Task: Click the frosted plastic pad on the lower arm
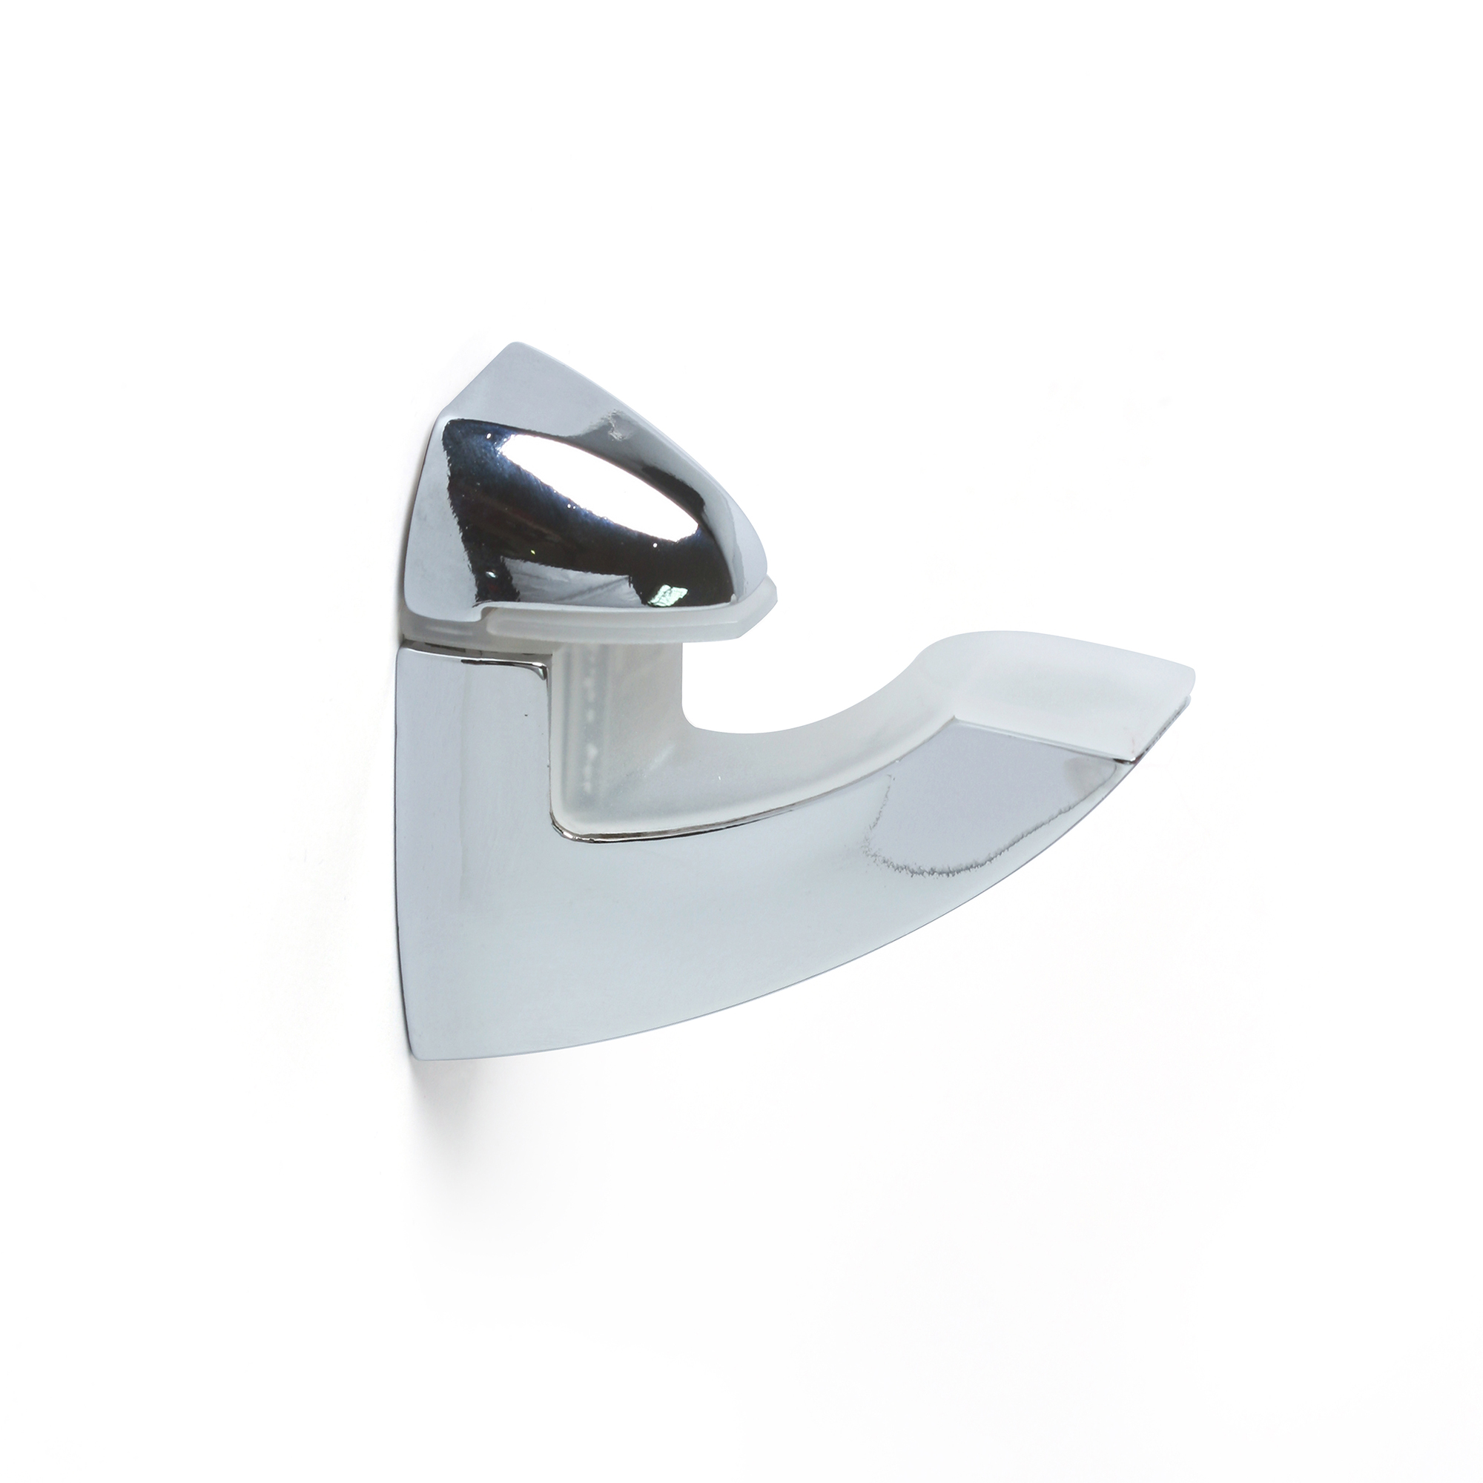(x=998, y=691)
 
